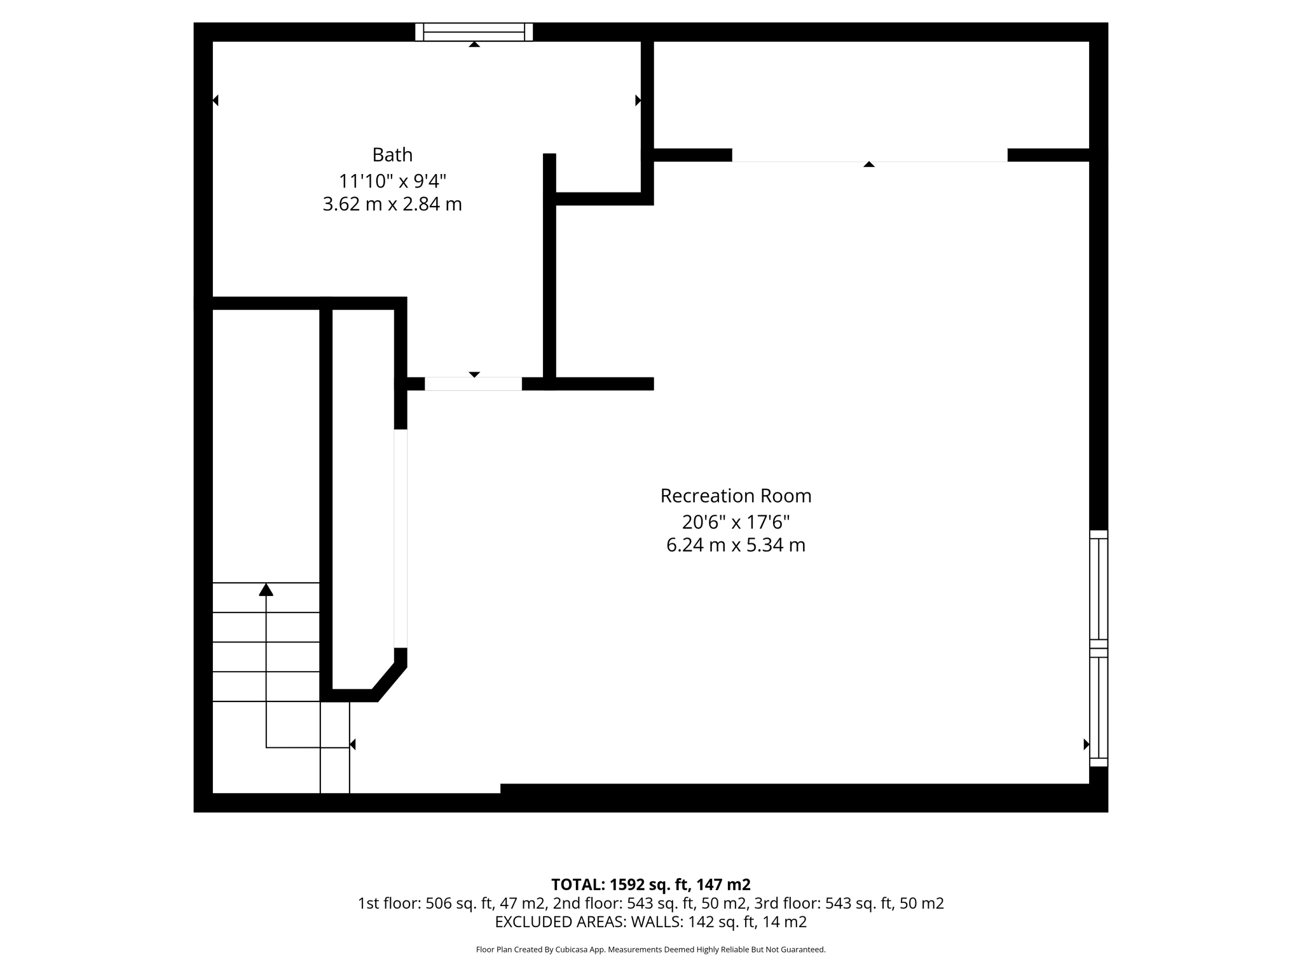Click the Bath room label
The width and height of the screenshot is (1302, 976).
392,155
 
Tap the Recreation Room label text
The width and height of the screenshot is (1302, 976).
736,496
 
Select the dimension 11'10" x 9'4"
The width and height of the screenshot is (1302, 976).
392,181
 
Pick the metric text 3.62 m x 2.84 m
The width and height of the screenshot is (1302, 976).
392,205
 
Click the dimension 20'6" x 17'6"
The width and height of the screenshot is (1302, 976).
736,522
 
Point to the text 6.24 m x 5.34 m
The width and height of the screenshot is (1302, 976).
736,545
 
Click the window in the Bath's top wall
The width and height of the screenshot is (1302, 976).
474,32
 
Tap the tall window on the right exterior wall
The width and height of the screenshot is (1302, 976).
1099,648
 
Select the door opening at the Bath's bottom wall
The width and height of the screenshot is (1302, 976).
473,384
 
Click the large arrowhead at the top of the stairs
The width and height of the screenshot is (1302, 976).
266,590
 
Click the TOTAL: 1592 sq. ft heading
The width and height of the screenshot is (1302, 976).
650,884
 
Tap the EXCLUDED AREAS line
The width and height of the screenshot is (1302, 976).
650,922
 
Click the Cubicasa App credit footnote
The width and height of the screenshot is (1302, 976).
650,950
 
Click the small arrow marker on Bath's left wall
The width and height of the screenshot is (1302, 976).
216,100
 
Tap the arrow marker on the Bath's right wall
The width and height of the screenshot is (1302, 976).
638,100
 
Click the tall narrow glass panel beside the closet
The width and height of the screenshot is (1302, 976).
401,538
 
